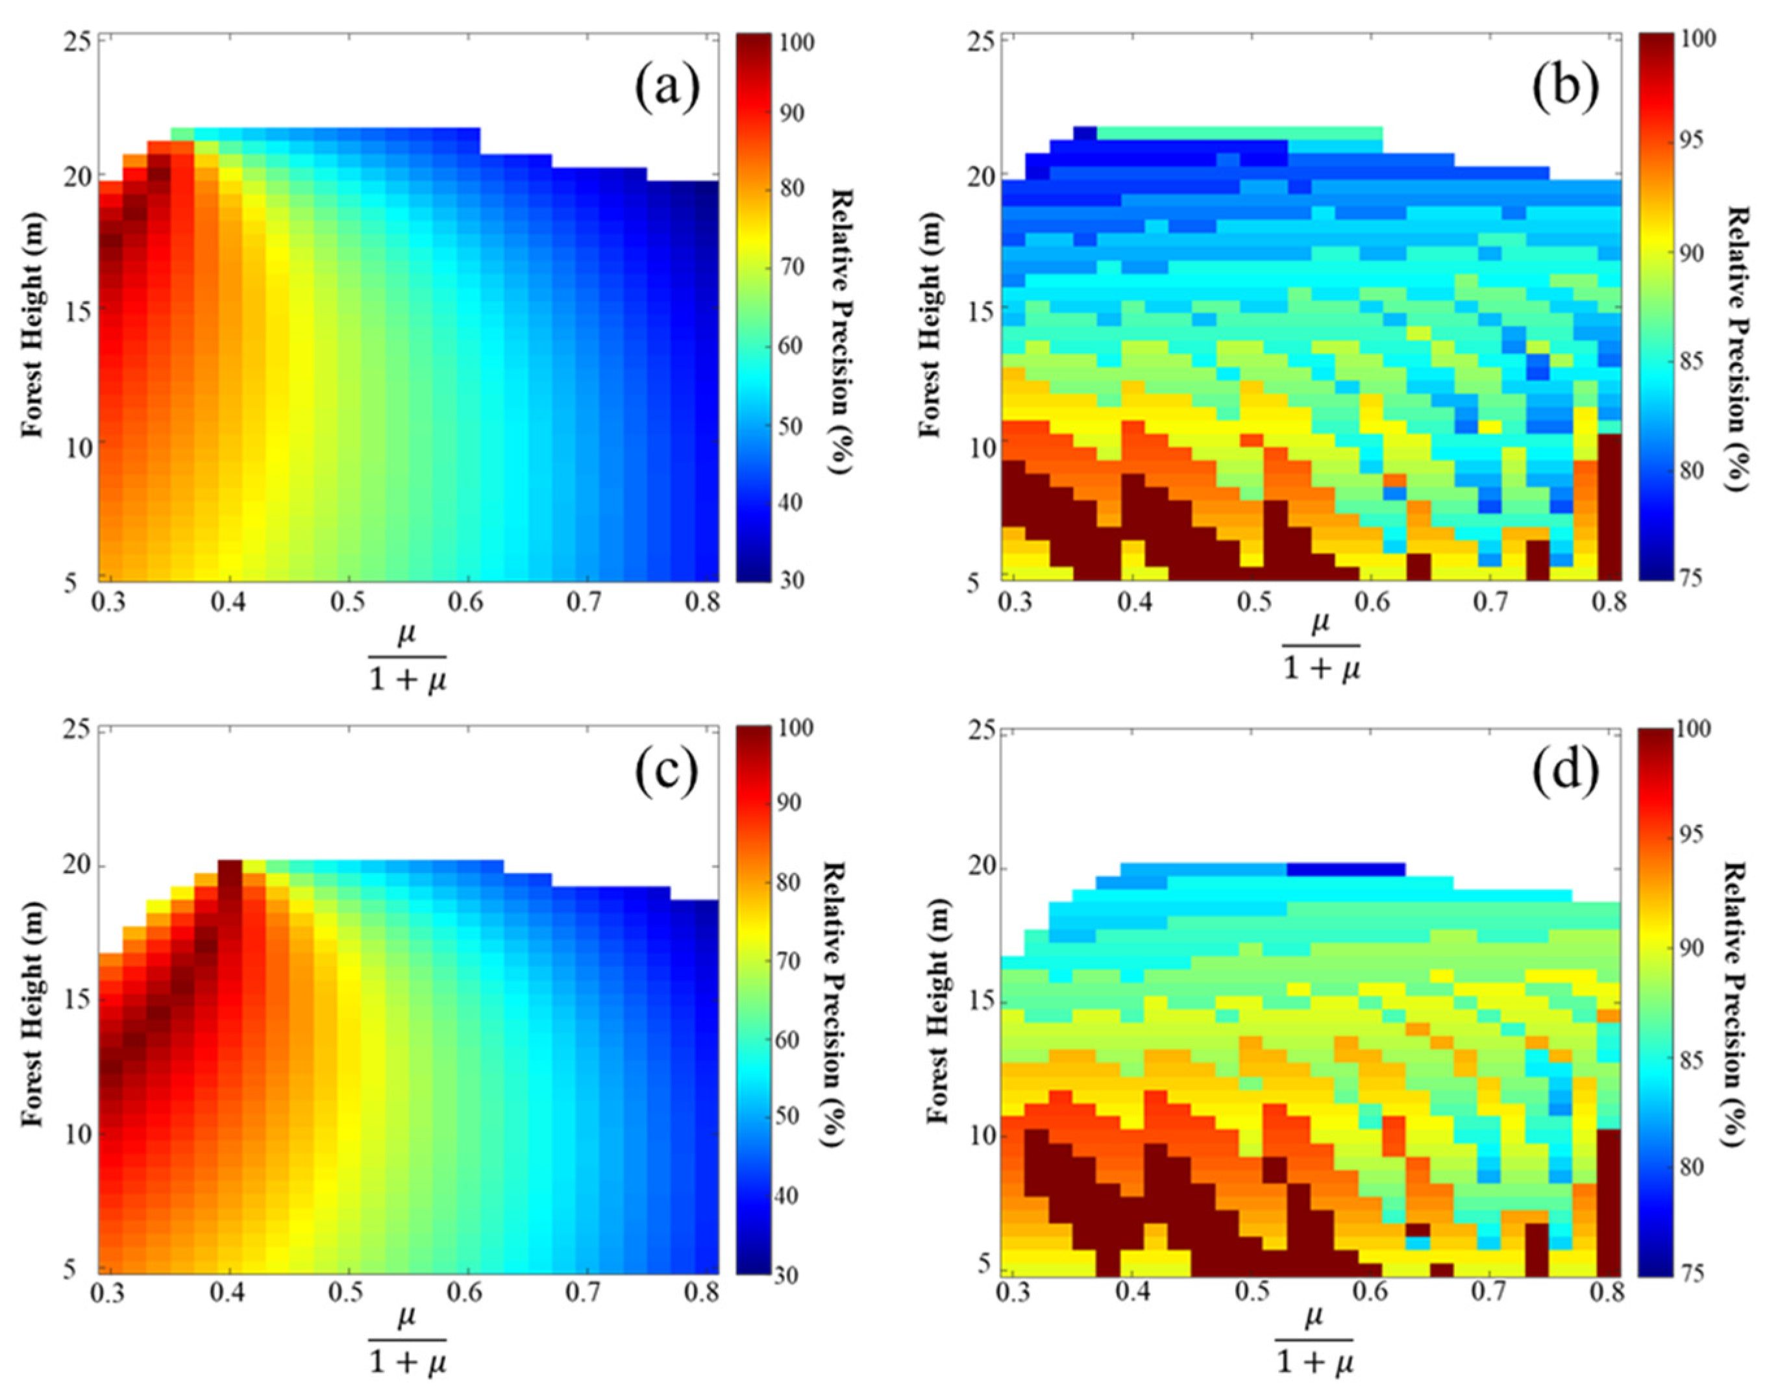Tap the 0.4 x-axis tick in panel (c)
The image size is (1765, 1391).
tap(229, 1292)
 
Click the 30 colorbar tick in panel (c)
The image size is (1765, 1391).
tap(787, 1275)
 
